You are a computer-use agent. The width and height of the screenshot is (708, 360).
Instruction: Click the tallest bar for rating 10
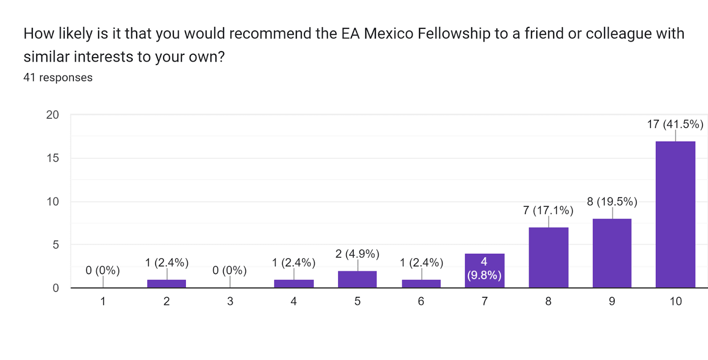(675, 214)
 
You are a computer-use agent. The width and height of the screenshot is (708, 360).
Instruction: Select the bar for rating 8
(548, 257)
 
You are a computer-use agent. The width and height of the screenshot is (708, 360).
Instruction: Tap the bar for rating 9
(612, 253)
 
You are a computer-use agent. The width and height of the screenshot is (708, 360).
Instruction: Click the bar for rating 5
(357, 280)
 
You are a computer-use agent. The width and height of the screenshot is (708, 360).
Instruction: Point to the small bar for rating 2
(166, 283)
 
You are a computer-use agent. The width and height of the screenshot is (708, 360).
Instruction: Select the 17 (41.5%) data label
(675, 124)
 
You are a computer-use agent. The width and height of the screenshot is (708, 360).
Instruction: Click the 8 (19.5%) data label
(612, 202)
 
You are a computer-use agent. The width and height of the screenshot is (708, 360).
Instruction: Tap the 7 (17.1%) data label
(548, 210)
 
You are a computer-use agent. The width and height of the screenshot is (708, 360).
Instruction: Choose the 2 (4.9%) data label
(357, 254)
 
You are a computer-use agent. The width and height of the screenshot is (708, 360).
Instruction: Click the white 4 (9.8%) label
(484, 268)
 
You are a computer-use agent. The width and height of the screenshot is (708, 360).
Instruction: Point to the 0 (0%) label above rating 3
(229, 270)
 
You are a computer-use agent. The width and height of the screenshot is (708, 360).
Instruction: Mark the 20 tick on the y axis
(52, 115)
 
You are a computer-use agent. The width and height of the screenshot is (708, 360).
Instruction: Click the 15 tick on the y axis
(52, 158)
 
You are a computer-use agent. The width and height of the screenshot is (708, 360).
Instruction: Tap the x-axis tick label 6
(421, 301)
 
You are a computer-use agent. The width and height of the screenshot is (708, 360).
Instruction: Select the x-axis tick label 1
(103, 301)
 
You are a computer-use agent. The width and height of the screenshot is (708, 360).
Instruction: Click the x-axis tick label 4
(293, 301)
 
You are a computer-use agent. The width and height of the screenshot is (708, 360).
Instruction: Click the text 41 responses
(58, 77)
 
